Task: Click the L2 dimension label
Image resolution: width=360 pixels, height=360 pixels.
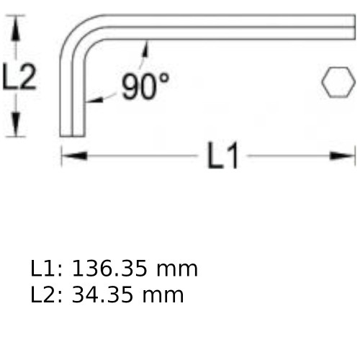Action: (19, 77)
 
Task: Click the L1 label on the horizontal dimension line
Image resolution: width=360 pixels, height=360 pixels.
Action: (222, 156)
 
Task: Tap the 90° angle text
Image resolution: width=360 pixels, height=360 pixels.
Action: (145, 86)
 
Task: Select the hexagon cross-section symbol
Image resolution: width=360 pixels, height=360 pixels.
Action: (338, 82)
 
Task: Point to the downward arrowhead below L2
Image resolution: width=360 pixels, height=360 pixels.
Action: (16, 125)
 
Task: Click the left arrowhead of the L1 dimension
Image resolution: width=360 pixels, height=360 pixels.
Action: (74, 156)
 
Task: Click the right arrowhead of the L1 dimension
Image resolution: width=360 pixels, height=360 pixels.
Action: (343, 156)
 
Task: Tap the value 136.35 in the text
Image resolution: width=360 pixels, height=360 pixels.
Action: (109, 269)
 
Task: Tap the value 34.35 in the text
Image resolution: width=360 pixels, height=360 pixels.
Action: (102, 294)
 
